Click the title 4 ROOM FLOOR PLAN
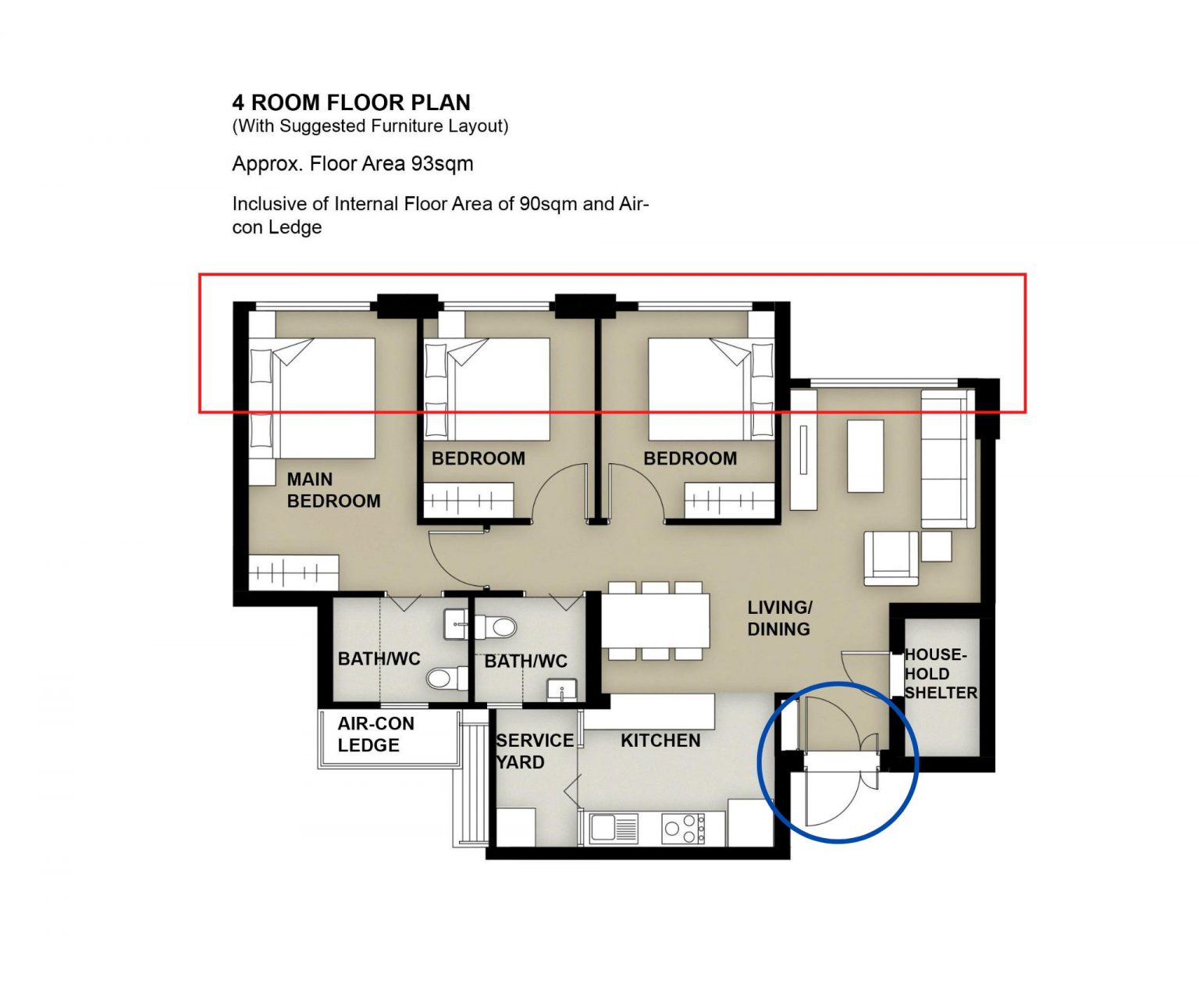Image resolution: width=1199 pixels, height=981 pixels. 350,102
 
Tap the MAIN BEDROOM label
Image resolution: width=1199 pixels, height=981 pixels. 333,490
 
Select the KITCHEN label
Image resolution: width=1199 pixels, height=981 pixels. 660,740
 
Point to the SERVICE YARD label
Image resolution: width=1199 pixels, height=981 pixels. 535,751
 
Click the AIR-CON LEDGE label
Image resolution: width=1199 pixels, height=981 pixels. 375,734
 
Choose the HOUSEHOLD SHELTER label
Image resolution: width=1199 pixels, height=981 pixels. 941,674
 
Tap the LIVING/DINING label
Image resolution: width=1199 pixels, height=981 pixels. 780,618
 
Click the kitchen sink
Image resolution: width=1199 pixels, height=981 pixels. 614,827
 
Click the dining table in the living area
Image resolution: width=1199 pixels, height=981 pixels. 656,621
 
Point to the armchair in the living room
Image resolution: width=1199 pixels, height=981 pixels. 891,558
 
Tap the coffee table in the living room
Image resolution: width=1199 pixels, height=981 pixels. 865,456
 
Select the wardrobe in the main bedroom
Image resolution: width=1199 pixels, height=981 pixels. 294,573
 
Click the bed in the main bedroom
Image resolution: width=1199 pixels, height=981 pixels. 312,398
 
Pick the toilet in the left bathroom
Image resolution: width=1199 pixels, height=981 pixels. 447,678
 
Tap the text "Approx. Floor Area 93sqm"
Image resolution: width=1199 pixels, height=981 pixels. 353,164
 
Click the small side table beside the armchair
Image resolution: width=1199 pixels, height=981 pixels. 937,546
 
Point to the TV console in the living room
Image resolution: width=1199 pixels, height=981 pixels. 803,450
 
